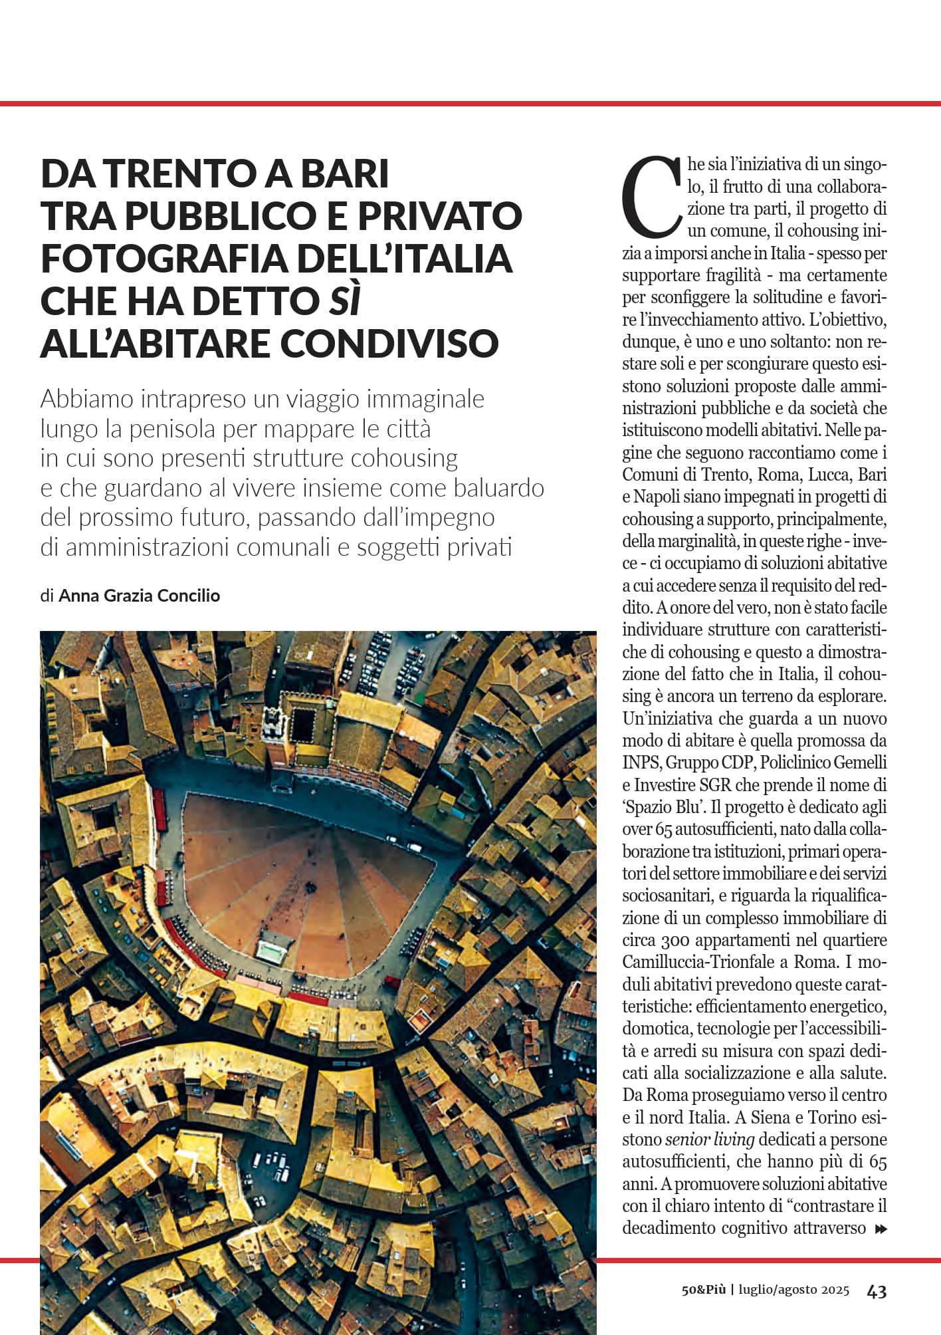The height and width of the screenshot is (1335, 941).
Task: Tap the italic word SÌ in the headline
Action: [342, 301]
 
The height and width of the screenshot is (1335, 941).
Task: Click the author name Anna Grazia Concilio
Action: [139, 596]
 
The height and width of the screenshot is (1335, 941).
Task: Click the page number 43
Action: [877, 1291]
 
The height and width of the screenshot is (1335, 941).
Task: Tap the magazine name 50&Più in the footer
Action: [704, 1291]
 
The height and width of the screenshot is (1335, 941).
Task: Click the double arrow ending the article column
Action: [882, 1228]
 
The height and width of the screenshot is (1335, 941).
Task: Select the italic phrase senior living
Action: [710, 1140]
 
